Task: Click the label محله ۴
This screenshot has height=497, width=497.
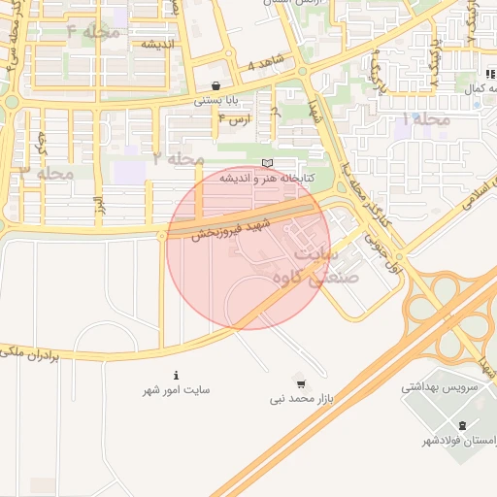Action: [93, 33]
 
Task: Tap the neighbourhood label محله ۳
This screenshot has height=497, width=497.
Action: [47, 172]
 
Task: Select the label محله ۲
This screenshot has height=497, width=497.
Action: [178, 157]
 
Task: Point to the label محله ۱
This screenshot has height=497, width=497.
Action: [426, 118]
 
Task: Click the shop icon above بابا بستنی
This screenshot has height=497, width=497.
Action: [215, 85]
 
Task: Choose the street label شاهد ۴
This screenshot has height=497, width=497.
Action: [267, 64]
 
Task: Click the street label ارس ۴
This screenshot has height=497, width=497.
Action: [236, 118]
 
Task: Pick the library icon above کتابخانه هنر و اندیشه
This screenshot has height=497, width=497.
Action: [267, 162]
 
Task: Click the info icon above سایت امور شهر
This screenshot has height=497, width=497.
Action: [176, 376]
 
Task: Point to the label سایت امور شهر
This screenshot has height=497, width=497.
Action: [177, 390]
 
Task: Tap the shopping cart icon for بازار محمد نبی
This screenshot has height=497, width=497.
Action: [299, 383]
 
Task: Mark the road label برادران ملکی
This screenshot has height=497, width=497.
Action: [29, 354]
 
